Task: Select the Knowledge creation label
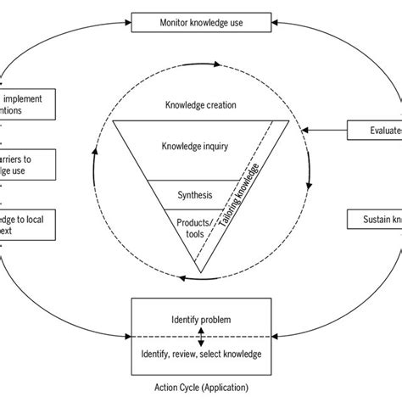tap(201, 105)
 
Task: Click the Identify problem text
tap(201, 321)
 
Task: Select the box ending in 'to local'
tap(28, 224)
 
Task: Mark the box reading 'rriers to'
tap(28, 165)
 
